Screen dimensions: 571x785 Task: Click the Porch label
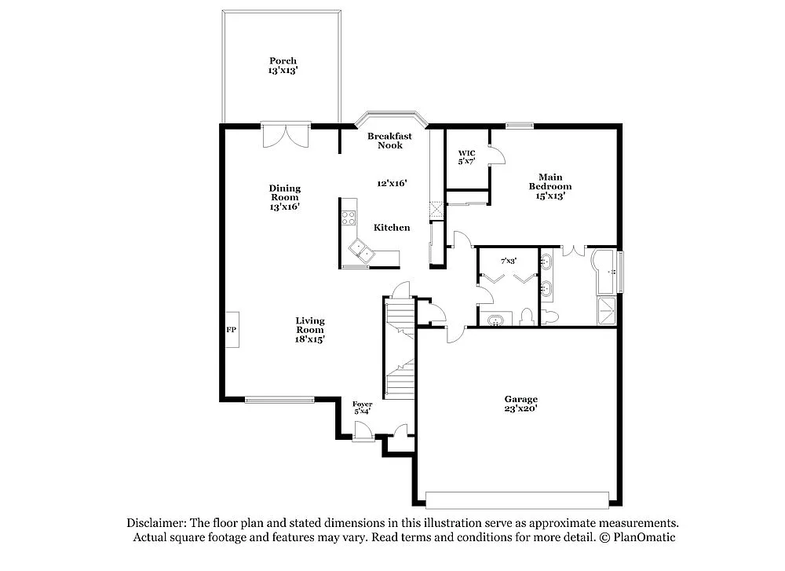click(283, 60)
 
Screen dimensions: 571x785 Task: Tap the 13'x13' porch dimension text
click(283, 71)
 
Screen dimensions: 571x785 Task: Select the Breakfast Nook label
click(390, 141)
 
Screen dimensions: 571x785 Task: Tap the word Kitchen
click(392, 228)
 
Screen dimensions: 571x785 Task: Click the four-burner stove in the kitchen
click(348, 218)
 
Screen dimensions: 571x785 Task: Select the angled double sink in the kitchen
click(363, 252)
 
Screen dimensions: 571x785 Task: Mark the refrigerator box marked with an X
click(436, 210)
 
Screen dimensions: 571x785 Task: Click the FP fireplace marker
click(232, 330)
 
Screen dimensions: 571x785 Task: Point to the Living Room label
click(310, 325)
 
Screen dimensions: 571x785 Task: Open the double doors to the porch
click(287, 135)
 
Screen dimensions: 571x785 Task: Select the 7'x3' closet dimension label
click(509, 260)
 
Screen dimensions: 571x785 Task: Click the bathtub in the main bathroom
click(606, 271)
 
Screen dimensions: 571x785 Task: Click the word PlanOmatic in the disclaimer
click(644, 538)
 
